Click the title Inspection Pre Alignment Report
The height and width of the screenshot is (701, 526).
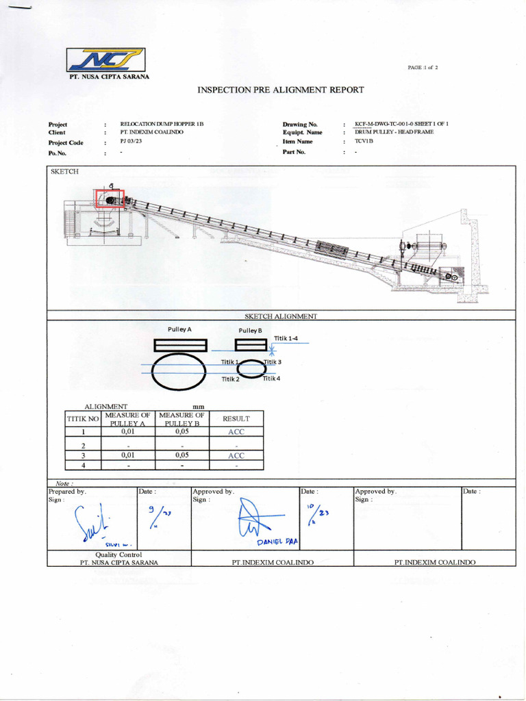click(x=281, y=90)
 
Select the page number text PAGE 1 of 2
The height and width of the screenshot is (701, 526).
click(x=423, y=68)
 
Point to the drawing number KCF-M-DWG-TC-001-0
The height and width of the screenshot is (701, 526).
click(x=401, y=123)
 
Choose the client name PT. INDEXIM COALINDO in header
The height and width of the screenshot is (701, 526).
click(x=151, y=131)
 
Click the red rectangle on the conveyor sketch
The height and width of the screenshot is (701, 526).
click(x=108, y=199)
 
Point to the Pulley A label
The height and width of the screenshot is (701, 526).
click(x=179, y=329)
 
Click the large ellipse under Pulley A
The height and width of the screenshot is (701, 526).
click(x=178, y=371)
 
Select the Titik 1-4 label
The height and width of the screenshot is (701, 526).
click(x=286, y=338)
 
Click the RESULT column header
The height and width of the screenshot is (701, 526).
click(x=236, y=418)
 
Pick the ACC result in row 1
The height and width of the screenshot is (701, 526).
click(x=236, y=432)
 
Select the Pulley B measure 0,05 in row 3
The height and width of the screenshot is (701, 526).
click(x=181, y=455)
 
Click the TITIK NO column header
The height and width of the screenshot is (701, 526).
click(x=83, y=418)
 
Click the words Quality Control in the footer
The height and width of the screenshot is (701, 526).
click(x=118, y=555)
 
